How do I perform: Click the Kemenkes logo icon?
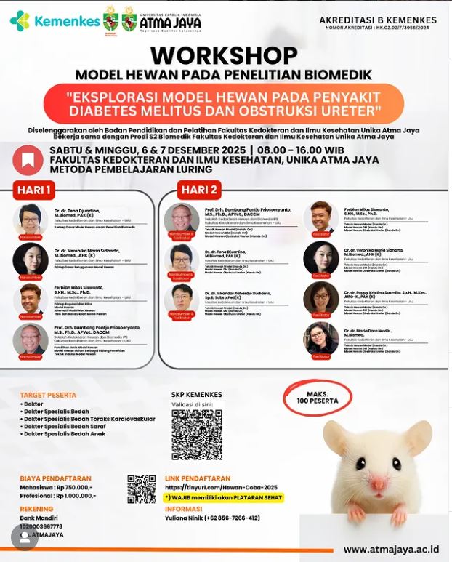click(x=20, y=20)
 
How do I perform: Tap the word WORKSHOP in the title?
click(x=224, y=56)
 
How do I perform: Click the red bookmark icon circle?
click(x=28, y=160)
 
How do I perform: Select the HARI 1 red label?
click(x=33, y=190)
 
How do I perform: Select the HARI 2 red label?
click(x=200, y=190)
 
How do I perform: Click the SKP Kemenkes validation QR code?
click(x=196, y=435)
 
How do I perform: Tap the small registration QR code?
click(x=142, y=489)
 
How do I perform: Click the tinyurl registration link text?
click(x=221, y=487)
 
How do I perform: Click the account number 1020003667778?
click(x=41, y=526)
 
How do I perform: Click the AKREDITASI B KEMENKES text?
click(x=378, y=20)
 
